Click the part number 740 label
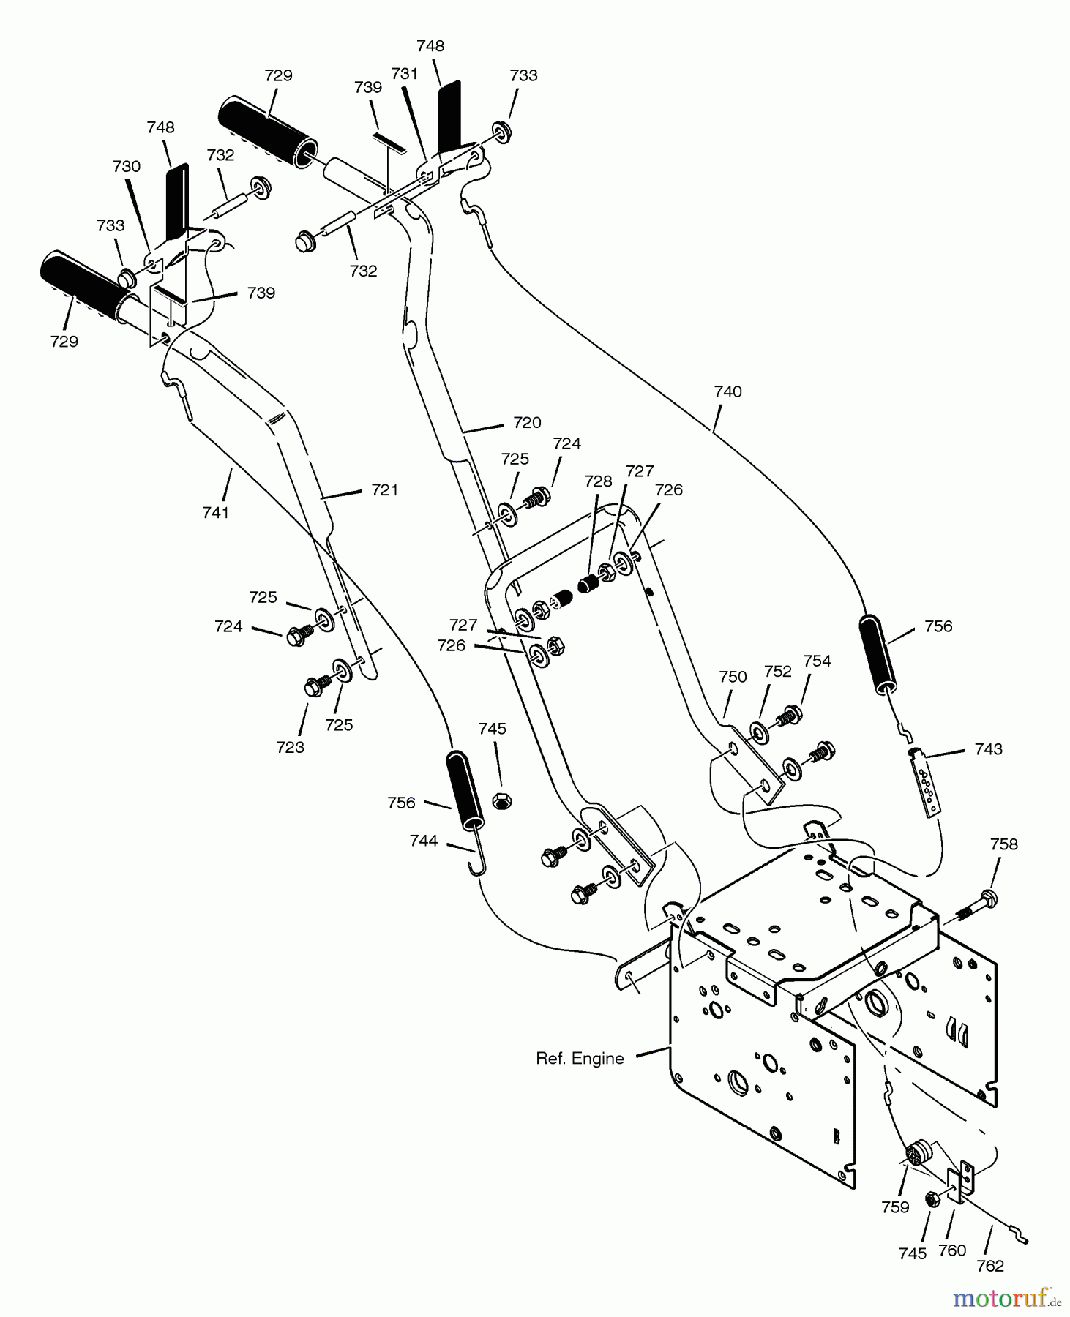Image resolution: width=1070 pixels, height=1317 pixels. (727, 391)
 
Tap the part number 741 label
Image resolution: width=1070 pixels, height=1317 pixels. (216, 512)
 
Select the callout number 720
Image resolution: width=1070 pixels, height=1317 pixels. (527, 422)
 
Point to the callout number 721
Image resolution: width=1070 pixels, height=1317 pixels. (384, 489)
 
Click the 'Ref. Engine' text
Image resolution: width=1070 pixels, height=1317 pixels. (580, 1058)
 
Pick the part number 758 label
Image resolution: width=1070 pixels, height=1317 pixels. (1003, 844)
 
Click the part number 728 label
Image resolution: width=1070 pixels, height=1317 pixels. (598, 481)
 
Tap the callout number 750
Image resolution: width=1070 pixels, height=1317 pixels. (733, 676)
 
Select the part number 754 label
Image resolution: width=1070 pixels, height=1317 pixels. (817, 661)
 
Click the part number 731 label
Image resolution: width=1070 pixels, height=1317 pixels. (404, 73)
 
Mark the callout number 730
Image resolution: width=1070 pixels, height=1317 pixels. (126, 166)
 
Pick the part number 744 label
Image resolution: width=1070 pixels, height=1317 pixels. (424, 841)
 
